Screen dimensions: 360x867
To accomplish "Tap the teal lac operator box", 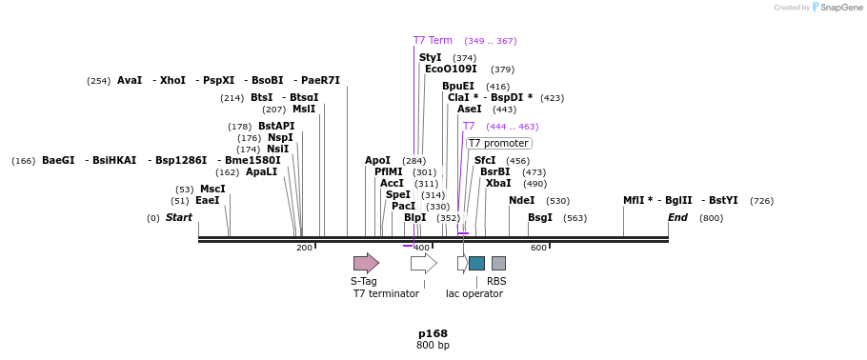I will pos(476,263).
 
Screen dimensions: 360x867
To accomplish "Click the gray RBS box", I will pos(498,263).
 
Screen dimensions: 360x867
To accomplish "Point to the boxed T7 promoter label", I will pos(498,144).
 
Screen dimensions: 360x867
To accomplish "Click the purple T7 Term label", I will pos(433,41).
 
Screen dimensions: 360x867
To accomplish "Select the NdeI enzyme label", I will pos(521,201).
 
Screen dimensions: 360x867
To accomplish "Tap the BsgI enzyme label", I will pos(540,218).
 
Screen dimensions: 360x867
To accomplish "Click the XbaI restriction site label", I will pos(498,184).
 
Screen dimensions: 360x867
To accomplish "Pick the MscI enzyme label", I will pos(212,190).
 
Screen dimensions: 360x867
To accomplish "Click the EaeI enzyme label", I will pos(208,201).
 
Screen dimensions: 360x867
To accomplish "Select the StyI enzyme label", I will pos(431,58).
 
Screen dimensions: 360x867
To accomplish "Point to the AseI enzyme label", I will pos(470,110).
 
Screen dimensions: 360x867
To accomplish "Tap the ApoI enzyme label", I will pos(377,161).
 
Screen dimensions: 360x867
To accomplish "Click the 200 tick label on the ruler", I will pos(304,249).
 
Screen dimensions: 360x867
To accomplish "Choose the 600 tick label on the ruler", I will pos(538,249).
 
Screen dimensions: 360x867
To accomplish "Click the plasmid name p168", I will pos(433,333).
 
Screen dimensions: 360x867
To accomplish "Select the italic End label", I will pos(677,218).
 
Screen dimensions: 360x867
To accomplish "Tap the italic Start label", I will pos(179,218).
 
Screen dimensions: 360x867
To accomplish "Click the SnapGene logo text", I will pos(842,8).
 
